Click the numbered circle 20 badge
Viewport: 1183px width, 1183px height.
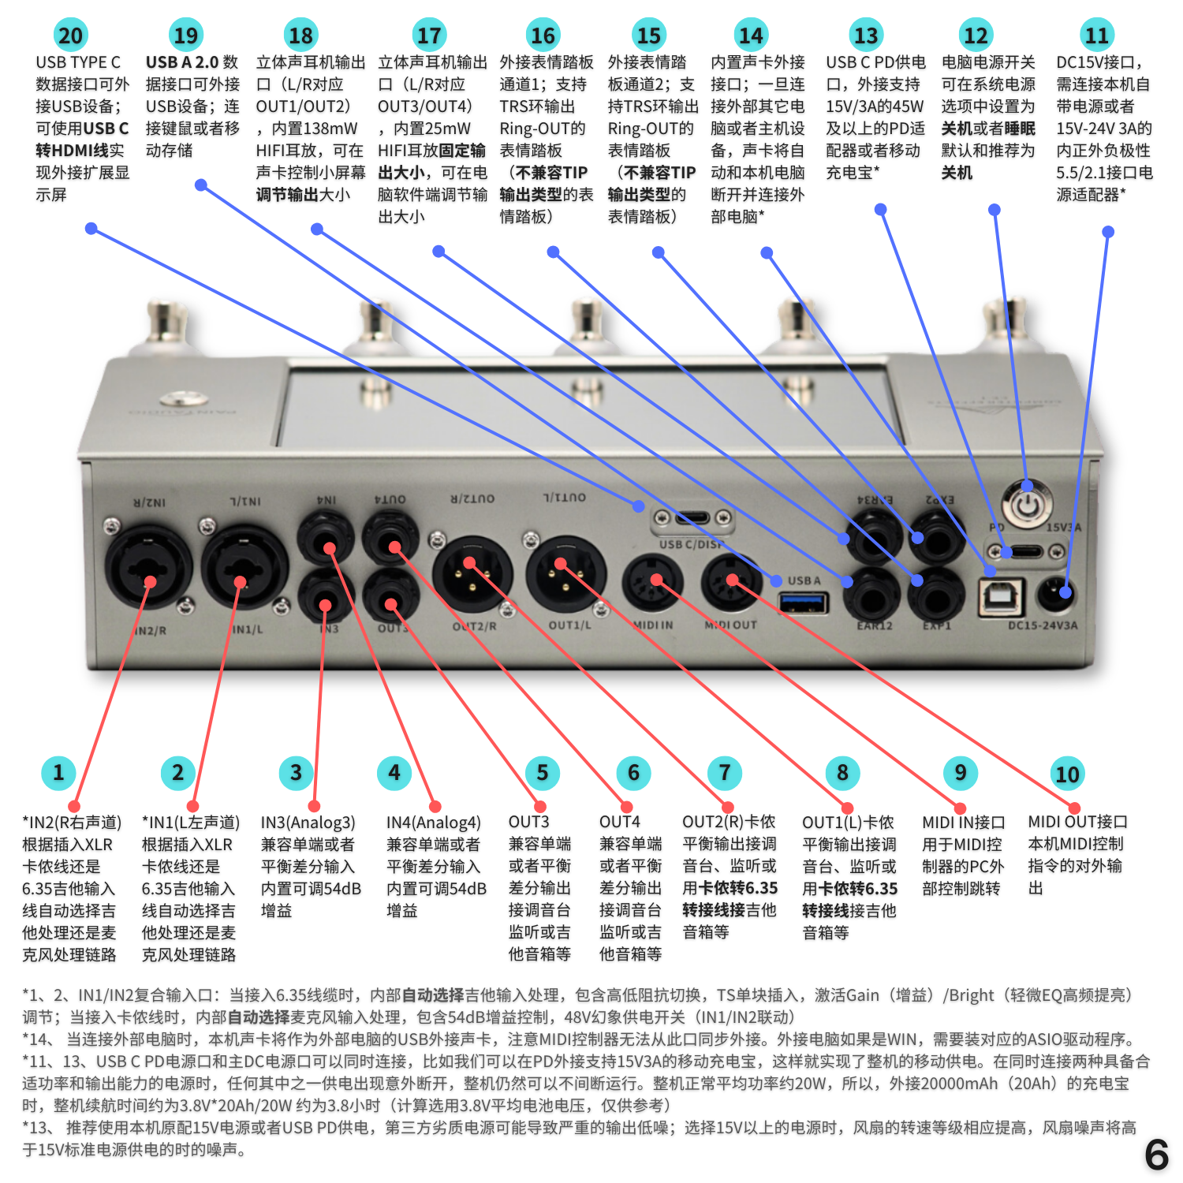(x=70, y=35)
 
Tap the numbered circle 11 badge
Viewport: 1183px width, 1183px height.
(x=1096, y=35)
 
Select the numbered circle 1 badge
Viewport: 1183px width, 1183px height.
(x=58, y=773)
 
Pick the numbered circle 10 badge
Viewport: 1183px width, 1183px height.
(x=1067, y=774)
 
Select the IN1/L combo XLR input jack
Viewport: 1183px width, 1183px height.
(x=244, y=568)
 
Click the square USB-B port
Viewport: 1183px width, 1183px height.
(x=1002, y=597)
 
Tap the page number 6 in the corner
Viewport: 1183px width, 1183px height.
(x=1156, y=1155)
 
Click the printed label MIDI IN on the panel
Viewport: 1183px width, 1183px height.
(x=653, y=625)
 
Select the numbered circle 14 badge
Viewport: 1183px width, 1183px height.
(x=751, y=35)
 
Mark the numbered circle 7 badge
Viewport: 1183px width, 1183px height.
(x=724, y=773)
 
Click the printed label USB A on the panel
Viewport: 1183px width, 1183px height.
(x=804, y=580)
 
